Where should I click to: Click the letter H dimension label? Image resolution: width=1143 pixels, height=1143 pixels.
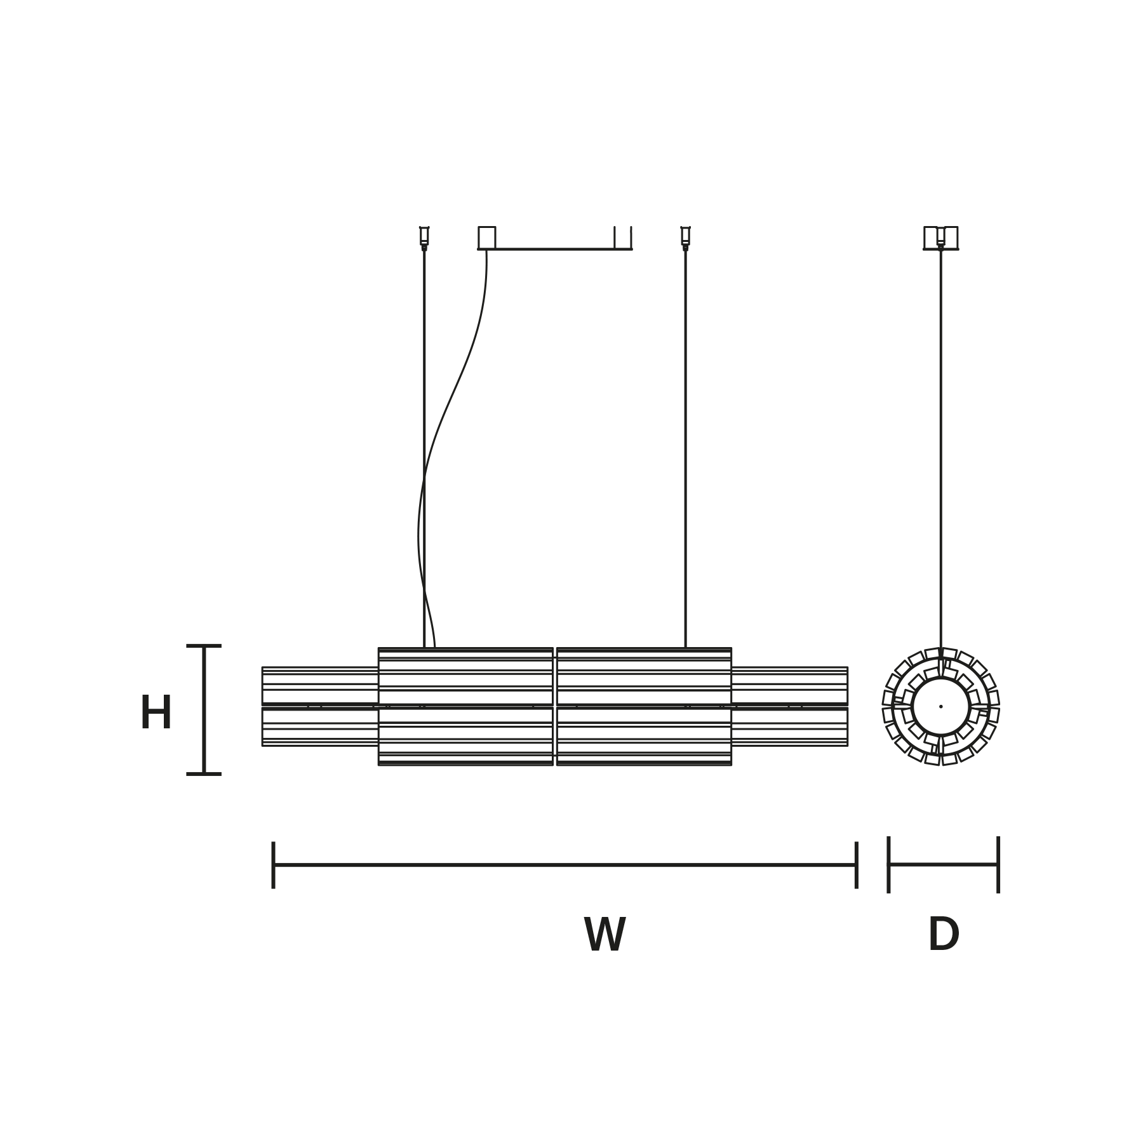[x=156, y=712]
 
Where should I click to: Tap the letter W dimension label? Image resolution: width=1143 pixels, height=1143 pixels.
[x=605, y=935]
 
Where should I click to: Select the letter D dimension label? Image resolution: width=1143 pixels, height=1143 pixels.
[x=944, y=935]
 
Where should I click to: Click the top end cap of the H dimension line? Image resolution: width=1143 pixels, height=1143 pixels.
[x=204, y=646]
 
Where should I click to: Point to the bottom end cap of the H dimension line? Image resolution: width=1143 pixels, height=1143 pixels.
[x=204, y=774]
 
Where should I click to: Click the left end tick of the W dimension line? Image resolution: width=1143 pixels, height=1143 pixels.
[x=273, y=865]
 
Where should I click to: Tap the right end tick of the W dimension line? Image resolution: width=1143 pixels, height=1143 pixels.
[x=857, y=865]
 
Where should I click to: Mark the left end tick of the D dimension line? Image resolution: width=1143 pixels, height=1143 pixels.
[x=888, y=865]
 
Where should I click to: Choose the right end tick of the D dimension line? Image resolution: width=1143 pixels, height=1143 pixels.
[x=998, y=865]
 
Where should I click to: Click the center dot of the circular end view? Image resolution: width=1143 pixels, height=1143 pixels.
[x=941, y=706]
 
